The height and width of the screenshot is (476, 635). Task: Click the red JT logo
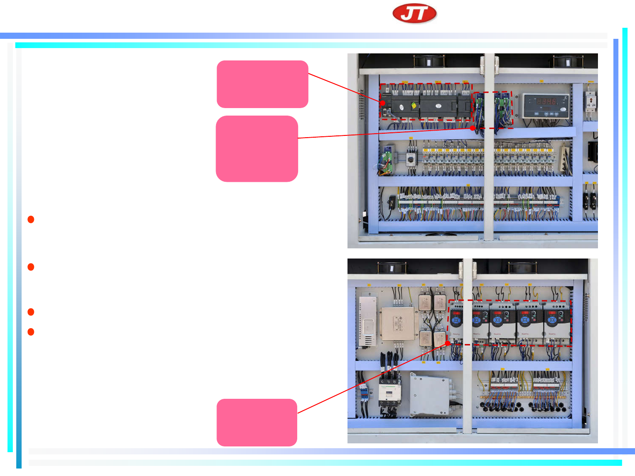click(x=415, y=14)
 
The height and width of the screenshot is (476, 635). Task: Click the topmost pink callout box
click(x=262, y=84)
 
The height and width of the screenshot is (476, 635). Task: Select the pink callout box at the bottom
click(x=257, y=422)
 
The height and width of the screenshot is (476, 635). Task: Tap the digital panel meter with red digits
click(x=546, y=105)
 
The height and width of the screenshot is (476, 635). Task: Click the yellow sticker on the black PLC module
click(x=414, y=106)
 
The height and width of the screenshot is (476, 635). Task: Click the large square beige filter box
click(x=398, y=324)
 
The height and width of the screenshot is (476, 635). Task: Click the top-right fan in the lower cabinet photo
click(x=523, y=267)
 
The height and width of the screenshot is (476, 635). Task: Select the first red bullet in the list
click(x=31, y=219)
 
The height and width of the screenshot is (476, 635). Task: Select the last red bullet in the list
click(x=31, y=332)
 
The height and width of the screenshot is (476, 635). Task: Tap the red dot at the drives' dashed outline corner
click(x=448, y=343)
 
